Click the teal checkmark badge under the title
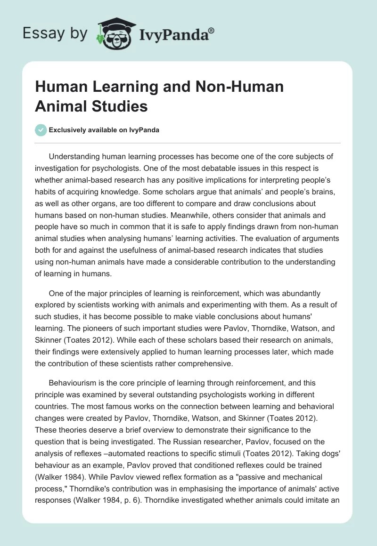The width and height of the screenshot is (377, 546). coord(41,130)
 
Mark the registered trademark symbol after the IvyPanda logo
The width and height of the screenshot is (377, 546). coord(212,29)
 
